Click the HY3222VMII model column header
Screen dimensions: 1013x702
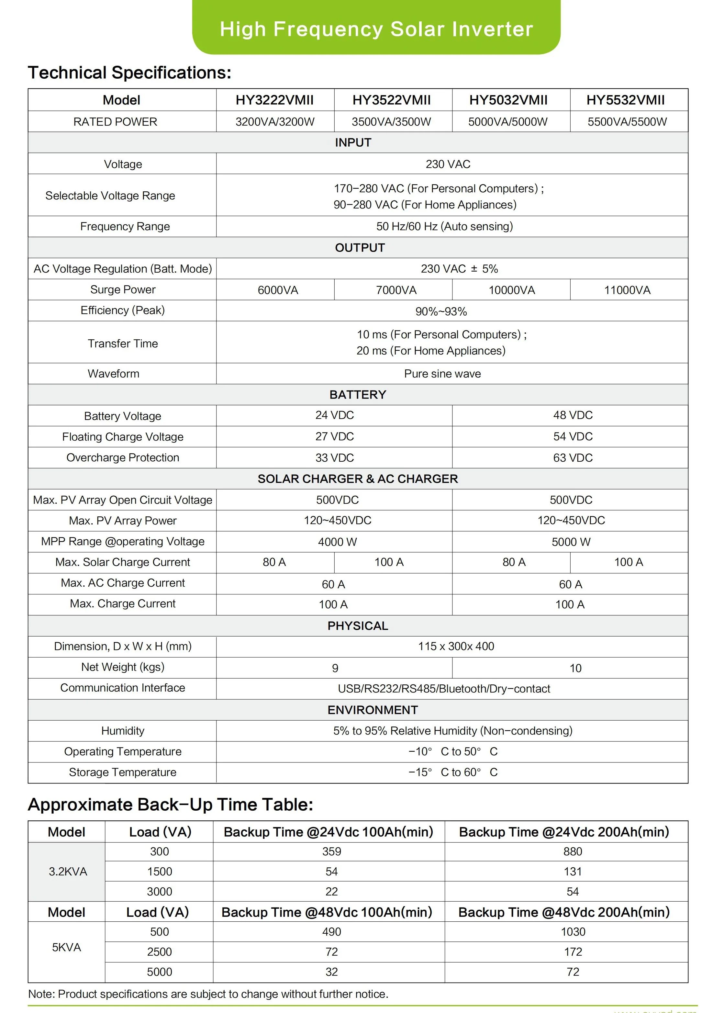[274, 100]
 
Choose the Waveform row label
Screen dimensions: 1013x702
[114, 374]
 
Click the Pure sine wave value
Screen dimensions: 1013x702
[442, 374]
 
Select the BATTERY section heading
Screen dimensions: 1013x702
[358, 395]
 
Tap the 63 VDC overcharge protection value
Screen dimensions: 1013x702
[573, 458]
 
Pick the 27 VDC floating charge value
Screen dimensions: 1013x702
[334, 436]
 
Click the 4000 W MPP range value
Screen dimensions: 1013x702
[337, 542]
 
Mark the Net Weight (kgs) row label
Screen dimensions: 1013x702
[123, 667]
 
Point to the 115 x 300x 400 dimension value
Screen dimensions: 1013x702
[456, 646]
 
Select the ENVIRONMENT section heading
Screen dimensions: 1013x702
[373, 710]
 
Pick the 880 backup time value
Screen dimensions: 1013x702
[573, 851]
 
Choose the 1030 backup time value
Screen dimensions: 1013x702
[573, 932]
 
